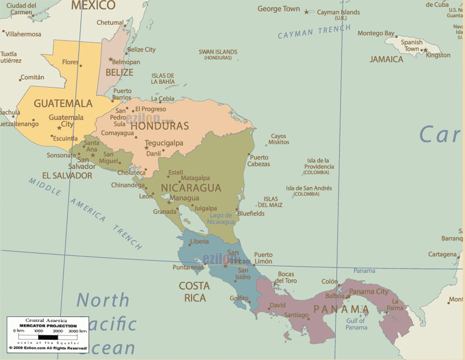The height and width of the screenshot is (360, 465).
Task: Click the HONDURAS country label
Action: [x=160, y=126]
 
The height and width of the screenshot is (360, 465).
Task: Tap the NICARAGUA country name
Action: [x=191, y=188]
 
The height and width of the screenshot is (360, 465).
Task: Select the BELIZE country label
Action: [x=119, y=73]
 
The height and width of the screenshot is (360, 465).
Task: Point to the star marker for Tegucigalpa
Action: [x=147, y=148]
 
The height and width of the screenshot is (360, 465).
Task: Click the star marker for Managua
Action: [x=169, y=203]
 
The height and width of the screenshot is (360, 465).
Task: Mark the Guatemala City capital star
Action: [x=59, y=128]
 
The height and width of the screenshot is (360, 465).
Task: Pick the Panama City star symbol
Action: [x=349, y=296]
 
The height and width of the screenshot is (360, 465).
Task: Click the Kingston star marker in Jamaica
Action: [x=426, y=50]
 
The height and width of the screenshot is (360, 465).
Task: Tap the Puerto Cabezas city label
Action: [x=259, y=161]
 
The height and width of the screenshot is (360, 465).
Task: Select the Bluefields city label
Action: [x=251, y=214]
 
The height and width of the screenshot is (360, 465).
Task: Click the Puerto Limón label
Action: [x=263, y=258]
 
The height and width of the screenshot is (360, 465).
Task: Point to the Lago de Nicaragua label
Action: [x=221, y=219]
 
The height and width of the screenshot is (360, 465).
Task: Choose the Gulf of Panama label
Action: [x=356, y=324]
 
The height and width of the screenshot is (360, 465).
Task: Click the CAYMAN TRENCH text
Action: [x=314, y=32]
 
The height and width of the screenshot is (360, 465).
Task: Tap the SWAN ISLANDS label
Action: [x=218, y=54]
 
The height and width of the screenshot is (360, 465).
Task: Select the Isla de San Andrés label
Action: [x=309, y=191]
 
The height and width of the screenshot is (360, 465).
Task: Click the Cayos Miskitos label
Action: [x=279, y=139]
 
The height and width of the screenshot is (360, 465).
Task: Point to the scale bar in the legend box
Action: [x=48, y=337]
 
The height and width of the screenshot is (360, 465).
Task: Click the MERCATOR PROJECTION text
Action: [x=48, y=326]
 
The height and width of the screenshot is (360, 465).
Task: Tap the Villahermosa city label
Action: [x=23, y=34]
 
